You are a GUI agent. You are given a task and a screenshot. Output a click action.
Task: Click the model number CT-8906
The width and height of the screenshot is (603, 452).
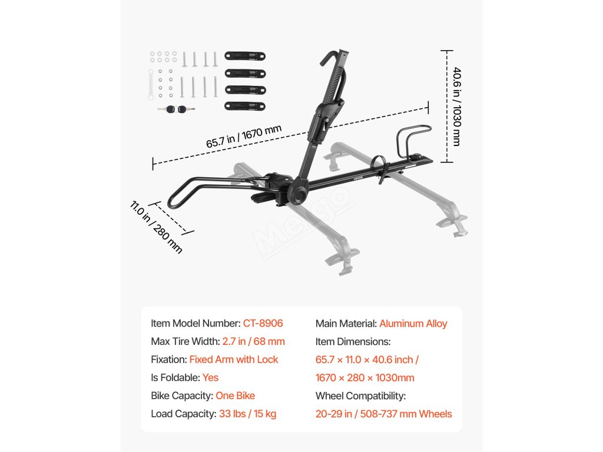(263, 323)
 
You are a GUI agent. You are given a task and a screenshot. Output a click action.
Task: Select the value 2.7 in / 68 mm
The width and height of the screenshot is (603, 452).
(253, 341)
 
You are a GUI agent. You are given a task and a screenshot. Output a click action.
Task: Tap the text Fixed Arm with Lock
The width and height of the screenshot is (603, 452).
(234, 359)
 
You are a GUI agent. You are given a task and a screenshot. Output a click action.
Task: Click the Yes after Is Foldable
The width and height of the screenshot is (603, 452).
(210, 377)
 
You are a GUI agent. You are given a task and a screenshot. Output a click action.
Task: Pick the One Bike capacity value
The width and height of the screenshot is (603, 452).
(235, 395)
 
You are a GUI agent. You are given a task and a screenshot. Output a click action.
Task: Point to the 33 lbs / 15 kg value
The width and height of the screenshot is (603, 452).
(247, 414)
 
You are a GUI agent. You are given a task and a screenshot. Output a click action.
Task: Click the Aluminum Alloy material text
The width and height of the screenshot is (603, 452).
(413, 323)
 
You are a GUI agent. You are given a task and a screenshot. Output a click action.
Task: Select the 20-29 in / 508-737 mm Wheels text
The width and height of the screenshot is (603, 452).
(383, 414)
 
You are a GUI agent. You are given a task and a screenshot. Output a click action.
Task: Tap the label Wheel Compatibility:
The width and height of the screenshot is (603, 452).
(360, 395)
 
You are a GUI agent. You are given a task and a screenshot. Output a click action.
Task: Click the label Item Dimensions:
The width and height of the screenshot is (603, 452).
(353, 341)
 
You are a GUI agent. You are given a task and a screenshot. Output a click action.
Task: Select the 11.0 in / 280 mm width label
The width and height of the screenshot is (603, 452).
(156, 227)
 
